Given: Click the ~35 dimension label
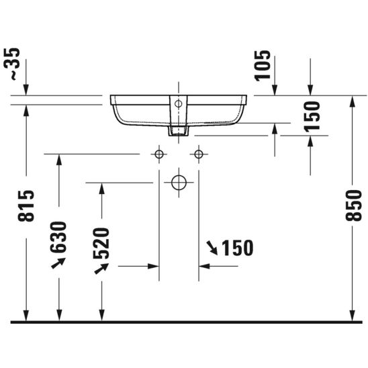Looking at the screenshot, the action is [x=11, y=64].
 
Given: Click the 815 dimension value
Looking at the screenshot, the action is [x=26, y=206].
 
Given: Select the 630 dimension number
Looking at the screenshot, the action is [x=58, y=237].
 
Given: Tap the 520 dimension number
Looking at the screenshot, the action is [x=101, y=243].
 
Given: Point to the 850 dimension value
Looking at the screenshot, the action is [x=353, y=205].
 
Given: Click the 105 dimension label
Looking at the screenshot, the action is [x=263, y=66].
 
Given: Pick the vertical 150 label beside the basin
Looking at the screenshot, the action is [x=312, y=117].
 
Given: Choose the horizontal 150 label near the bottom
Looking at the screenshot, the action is [x=238, y=248].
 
